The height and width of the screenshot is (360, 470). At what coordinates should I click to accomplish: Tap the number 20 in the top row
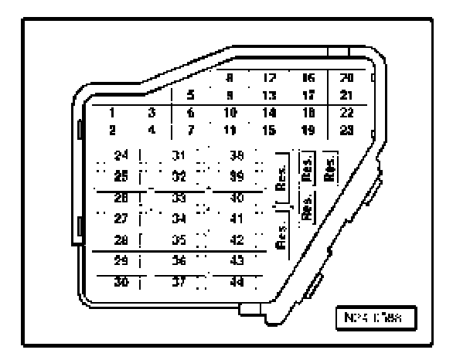click(x=347, y=78)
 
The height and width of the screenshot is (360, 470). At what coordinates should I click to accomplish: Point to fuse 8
click(x=230, y=78)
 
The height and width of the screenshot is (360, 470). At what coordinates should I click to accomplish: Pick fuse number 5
click(x=191, y=96)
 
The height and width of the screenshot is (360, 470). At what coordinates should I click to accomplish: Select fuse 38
click(x=237, y=155)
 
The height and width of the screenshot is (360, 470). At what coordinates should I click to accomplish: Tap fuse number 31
click(x=179, y=155)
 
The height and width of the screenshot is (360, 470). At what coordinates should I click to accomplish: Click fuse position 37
click(x=179, y=282)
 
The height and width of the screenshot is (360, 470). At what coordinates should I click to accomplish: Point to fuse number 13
click(x=270, y=96)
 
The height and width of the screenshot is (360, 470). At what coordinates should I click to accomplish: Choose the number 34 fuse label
click(x=179, y=219)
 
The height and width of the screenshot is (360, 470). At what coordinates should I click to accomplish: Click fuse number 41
click(x=237, y=219)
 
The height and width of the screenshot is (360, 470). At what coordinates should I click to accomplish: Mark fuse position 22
click(x=347, y=113)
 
